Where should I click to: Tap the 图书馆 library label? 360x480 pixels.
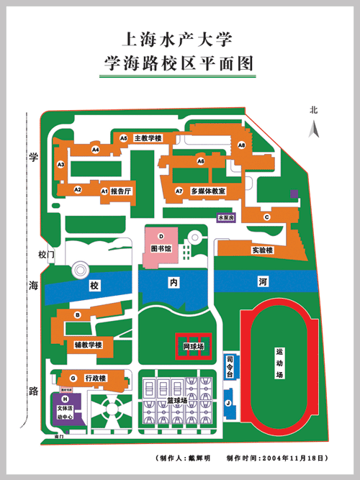(x=161, y=248)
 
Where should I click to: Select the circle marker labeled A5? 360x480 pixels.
(x=124, y=137)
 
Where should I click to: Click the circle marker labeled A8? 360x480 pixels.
(x=242, y=145)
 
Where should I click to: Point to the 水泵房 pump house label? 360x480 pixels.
(x=225, y=216)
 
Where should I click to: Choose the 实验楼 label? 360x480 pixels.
(x=262, y=250)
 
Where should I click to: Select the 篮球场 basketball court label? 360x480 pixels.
(x=177, y=399)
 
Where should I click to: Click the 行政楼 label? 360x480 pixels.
(x=96, y=378)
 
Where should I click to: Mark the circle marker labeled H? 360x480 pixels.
(x=65, y=399)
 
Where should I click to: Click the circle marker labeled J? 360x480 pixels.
(x=228, y=403)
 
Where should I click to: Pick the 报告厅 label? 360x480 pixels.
(x=121, y=191)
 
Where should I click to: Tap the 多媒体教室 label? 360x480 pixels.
(x=208, y=191)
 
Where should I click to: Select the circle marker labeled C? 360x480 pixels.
(x=266, y=217)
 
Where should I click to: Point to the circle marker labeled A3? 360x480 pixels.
(x=61, y=165)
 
